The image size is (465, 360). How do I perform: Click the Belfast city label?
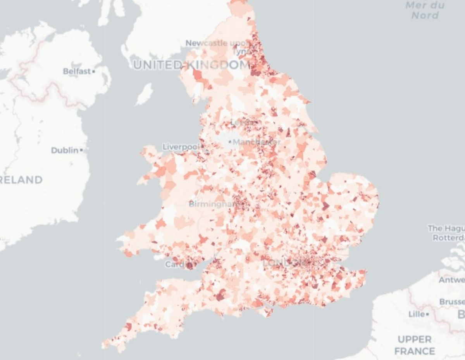pos(77,71)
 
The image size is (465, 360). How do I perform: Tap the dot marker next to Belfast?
pos(94,72)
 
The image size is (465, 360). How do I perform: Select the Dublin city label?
pos(64,150)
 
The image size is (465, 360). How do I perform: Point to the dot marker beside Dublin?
pos(81,150)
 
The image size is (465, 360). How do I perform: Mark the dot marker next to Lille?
pos(427,314)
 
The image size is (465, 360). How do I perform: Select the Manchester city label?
pos(257,142)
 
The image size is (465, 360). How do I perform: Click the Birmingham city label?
pos(213,204)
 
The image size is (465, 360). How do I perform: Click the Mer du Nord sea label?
pos(425,10)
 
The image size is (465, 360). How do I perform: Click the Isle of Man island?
pos(145,94)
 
